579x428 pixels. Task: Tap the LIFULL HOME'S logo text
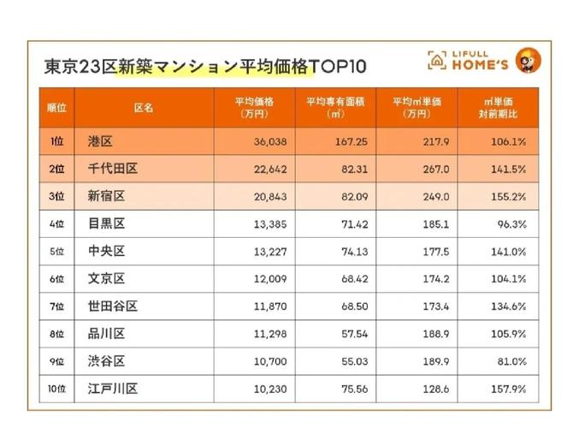coord(481,60)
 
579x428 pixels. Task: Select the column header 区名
coord(144,108)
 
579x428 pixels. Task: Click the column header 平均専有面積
coord(335,108)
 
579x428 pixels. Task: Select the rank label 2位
coord(57,169)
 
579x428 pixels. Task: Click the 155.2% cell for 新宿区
coord(509,197)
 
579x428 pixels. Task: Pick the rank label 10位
coord(57,389)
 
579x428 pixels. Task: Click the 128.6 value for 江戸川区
coord(437,389)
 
